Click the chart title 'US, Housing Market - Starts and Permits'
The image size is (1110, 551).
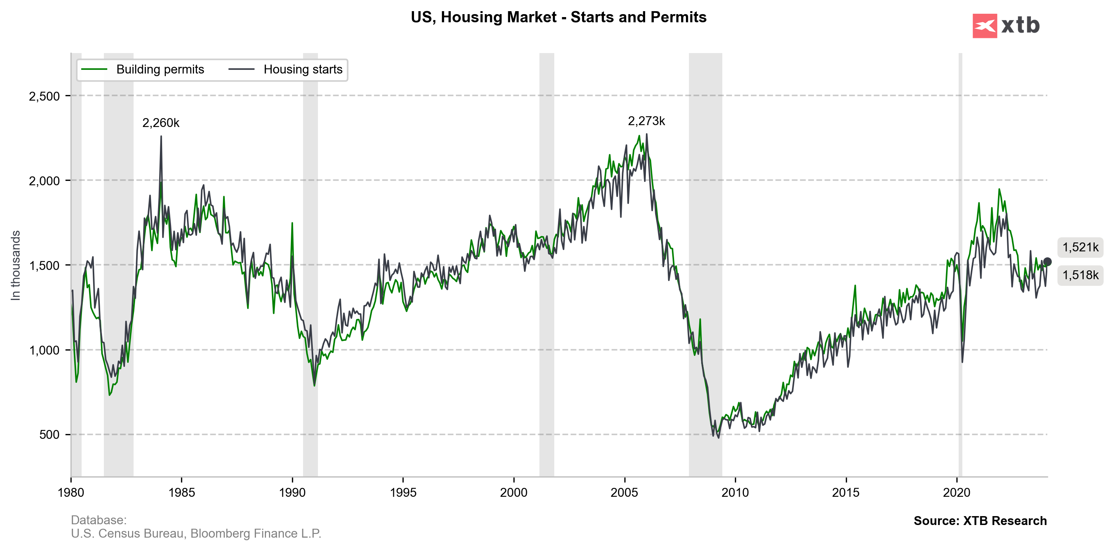tap(558, 17)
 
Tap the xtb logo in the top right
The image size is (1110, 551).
tap(1006, 26)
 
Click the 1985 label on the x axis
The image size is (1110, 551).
tap(181, 492)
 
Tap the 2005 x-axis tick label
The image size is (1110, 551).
tap(624, 492)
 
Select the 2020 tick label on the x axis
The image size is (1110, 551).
tap(957, 492)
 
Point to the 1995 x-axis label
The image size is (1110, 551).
tap(403, 492)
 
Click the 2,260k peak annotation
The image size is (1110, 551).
tap(161, 123)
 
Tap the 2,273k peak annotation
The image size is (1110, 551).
tap(646, 121)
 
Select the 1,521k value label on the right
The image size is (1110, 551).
tap(1080, 248)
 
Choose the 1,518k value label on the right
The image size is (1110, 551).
tap(1080, 275)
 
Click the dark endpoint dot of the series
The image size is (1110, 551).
tap(1047, 262)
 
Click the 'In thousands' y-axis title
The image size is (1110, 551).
tap(16, 265)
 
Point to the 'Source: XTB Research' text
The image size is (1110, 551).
tap(980, 521)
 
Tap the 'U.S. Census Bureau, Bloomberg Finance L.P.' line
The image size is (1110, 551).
tap(196, 534)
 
